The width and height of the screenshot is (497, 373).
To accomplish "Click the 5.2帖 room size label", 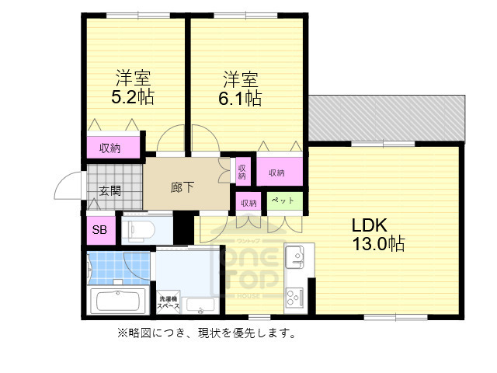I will (x=133, y=98).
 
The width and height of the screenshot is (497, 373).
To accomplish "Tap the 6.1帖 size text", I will (x=239, y=99).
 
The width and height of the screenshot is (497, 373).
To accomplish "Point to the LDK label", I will (x=370, y=225).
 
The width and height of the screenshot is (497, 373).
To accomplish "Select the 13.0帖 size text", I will (x=378, y=244).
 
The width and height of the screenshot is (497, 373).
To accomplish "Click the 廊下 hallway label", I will (x=182, y=187).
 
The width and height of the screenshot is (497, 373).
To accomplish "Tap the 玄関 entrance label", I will (x=109, y=190).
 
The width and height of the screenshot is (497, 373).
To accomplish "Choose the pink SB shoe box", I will (x=100, y=229).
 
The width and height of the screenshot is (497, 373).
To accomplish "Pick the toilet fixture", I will (x=140, y=229).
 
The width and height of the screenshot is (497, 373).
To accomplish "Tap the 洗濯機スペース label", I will (x=169, y=303).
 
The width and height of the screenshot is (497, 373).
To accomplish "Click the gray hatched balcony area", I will (x=385, y=120).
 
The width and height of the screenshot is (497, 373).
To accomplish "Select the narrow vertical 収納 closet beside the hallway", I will (x=242, y=170).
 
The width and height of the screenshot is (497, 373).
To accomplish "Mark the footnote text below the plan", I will (x=206, y=333).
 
